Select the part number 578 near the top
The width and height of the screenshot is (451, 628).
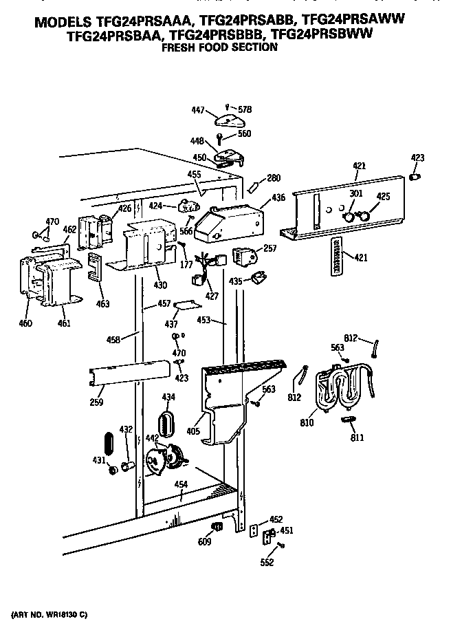[x=245, y=109]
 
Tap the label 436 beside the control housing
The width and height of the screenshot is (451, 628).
[x=278, y=198]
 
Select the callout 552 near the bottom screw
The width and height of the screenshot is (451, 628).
[x=267, y=563]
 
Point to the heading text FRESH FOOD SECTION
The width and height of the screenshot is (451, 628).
[x=219, y=47]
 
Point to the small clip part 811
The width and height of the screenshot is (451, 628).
[x=349, y=419]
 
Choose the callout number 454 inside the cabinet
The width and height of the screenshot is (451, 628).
[x=180, y=486]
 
